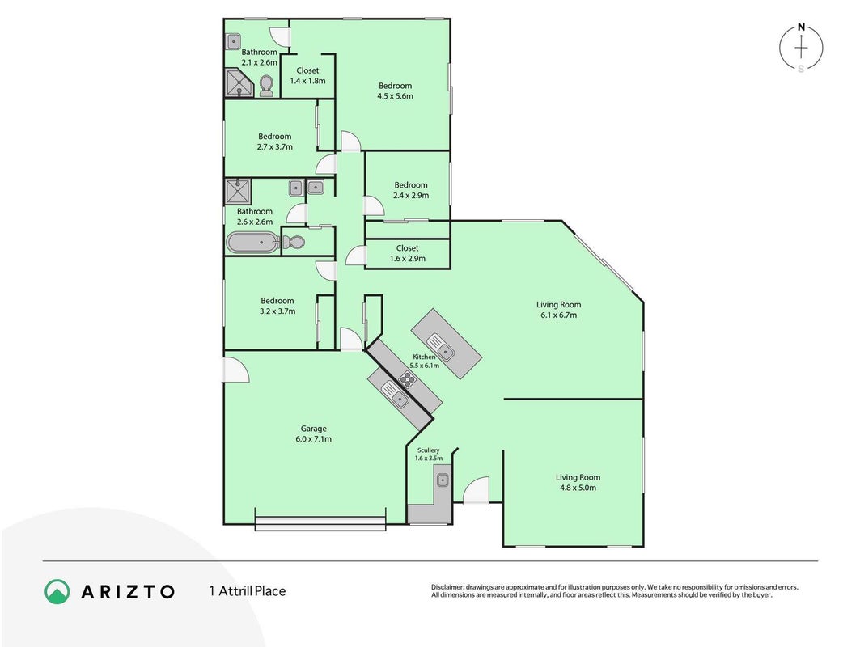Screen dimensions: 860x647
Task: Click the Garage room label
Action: pyautogui.click(x=313, y=429)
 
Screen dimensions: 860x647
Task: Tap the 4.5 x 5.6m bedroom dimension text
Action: pyautogui.click(x=395, y=96)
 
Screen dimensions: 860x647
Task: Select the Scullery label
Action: pyautogui.click(x=428, y=450)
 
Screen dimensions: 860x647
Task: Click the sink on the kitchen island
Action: pyautogui.click(x=442, y=347)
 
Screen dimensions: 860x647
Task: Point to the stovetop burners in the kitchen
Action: pyautogui.click(x=407, y=378)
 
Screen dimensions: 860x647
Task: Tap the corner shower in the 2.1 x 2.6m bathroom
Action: pyautogui.click(x=239, y=82)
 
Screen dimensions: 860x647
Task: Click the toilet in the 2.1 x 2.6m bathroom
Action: pyautogui.click(x=266, y=86)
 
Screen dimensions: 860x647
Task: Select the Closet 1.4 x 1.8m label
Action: pyautogui.click(x=307, y=76)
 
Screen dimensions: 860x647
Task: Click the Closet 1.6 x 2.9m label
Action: pyautogui.click(x=408, y=253)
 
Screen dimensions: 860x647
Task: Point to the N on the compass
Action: pyautogui.click(x=801, y=27)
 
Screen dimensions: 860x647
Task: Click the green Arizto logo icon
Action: pyautogui.click(x=57, y=592)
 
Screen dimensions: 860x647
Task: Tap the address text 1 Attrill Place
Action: pyautogui.click(x=248, y=591)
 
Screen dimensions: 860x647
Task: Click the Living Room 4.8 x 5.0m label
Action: pyautogui.click(x=578, y=483)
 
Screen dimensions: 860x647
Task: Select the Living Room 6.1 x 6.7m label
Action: pyautogui.click(x=559, y=310)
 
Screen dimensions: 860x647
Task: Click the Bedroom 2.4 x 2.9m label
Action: pyautogui.click(x=411, y=190)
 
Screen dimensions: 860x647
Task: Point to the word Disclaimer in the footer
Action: pyautogui.click(x=447, y=587)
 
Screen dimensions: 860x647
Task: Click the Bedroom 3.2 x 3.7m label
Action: pyautogui.click(x=277, y=306)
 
